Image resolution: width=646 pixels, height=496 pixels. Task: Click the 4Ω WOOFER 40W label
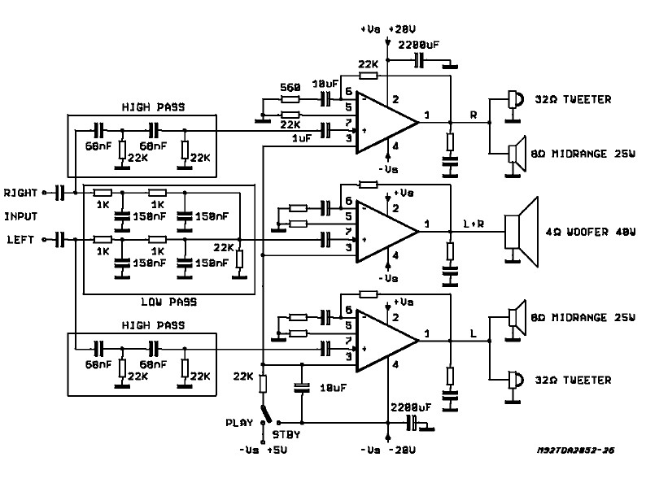pyautogui.click(x=591, y=233)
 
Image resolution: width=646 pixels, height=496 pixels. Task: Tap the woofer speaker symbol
pyautogui.click(x=522, y=232)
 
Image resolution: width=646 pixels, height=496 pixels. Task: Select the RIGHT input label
pyautogui.click(x=20, y=193)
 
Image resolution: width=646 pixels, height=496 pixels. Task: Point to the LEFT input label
pyautogui.click(x=21, y=240)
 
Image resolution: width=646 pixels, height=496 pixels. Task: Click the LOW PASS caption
pyautogui.click(x=169, y=302)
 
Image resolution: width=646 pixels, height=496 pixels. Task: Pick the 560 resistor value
pyautogui.click(x=290, y=87)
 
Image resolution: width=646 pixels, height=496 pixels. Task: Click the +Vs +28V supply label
pyautogui.click(x=388, y=29)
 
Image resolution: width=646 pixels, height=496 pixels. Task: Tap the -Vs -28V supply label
pyautogui.click(x=388, y=450)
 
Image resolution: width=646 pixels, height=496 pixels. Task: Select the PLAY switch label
pyautogui.click(x=239, y=423)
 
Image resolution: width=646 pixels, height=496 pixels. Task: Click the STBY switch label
pyautogui.click(x=286, y=435)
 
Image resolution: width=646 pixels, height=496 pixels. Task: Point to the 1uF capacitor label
pyautogui.click(x=302, y=139)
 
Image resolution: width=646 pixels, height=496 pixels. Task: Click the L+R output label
pyautogui.click(x=474, y=224)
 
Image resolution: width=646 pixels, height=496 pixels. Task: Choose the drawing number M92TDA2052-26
pyautogui.click(x=575, y=450)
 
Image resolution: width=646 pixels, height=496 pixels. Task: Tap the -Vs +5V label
pyautogui.click(x=263, y=450)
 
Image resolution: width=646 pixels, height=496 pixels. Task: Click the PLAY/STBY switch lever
pyautogui.click(x=266, y=414)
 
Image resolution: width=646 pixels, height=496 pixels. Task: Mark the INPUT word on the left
pyautogui.click(x=20, y=216)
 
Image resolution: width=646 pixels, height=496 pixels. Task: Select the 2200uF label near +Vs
pyautogui.click(x=418, y=45)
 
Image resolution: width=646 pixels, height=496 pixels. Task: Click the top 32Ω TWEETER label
pyautogui.click(x=573, y=100)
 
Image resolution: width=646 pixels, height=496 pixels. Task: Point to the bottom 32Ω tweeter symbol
pyautogui.click(x=514, y=385)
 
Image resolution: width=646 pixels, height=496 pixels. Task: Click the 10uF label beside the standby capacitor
pyautogui.click(x=334, y=388)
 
